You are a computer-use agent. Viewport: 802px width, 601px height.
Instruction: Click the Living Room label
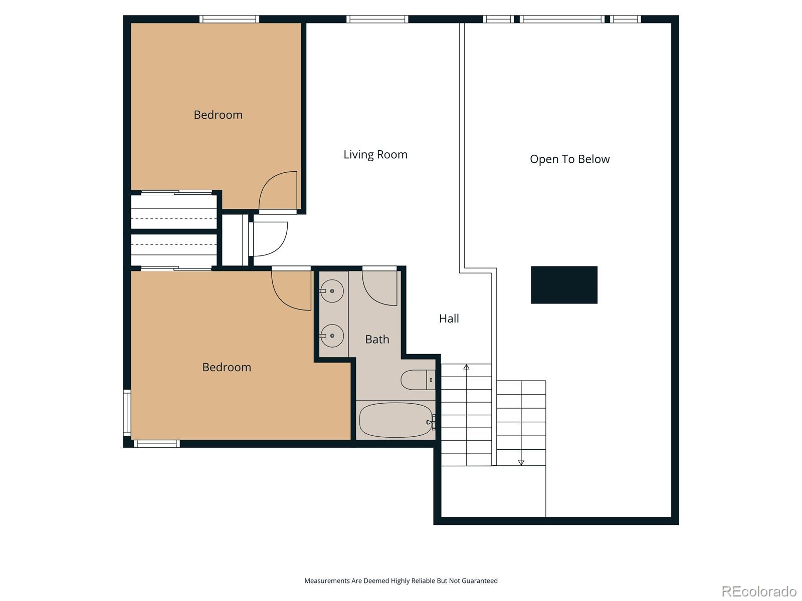click(375, 155)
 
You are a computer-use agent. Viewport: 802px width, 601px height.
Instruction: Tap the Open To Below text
click(569, 159)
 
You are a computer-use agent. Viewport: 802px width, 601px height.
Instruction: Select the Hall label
click(449, 319)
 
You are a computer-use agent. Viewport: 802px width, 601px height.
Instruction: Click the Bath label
click(377, 340)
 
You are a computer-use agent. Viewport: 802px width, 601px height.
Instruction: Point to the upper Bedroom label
click(218, 115)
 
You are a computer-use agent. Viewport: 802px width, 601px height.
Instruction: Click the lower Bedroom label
click(227, 367)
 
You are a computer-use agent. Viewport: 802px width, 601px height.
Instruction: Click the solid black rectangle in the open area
click(564, 284)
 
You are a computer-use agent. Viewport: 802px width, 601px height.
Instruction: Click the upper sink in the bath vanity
click(332, 291)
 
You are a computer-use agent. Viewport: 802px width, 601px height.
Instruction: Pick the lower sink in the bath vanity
click(332, 336)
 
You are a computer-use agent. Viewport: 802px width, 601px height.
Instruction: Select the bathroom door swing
click(379, 288)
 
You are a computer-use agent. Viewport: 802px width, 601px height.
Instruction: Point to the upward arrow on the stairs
click(466, 367)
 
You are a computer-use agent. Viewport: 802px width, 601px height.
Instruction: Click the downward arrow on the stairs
click(521, 462)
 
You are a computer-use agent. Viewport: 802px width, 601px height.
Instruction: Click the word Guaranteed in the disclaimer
click(481, 581)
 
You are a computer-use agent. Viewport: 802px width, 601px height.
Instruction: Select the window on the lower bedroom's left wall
click(127, 411)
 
